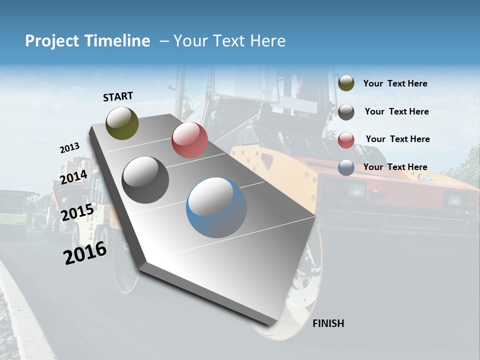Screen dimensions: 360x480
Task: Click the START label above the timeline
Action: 118,96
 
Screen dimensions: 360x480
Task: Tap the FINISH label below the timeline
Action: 328,323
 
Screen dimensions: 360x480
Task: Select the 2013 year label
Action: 69,148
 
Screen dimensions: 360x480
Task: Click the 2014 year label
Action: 73,177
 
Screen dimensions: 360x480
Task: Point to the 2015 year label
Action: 77,212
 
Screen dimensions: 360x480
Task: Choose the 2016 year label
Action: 85,253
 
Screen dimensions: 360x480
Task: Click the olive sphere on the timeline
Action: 122,123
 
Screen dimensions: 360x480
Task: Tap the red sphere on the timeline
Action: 189,140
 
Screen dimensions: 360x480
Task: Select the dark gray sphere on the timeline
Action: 145,179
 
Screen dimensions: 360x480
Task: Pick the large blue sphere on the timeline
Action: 216,207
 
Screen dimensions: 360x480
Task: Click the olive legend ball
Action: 346,83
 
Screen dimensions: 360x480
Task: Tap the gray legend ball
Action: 346,112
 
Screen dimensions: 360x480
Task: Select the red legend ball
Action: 346,140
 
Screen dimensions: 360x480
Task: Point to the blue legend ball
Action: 346,167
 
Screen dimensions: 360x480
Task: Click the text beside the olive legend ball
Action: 395,83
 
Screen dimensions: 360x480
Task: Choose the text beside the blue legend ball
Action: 395,167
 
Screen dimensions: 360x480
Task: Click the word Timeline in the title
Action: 116,41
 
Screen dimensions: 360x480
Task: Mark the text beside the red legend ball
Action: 397,139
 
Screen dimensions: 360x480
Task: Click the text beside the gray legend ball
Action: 396,111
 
